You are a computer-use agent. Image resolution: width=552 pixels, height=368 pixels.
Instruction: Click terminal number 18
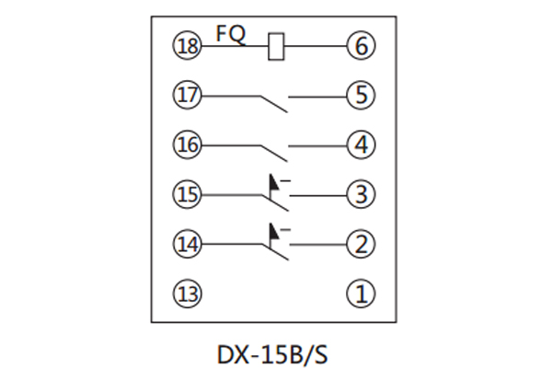click(x=187, y=44)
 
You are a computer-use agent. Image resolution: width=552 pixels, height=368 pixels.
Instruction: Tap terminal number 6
click(x=360, y=44)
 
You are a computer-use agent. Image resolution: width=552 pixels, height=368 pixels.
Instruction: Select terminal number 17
click(x=187, y=95)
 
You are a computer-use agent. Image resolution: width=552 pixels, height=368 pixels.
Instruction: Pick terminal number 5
click(x=360, y=95)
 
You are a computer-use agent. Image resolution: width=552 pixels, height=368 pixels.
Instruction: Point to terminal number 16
click(x=187, y=144)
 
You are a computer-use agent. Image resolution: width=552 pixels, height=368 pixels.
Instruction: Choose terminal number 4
click(x=360, y=144)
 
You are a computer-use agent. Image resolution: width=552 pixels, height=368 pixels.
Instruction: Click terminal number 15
click(x=187, y=194)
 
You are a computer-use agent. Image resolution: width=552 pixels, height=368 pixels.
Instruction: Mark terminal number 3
click(x=360, y=194)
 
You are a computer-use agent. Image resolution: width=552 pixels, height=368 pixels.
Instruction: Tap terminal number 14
click(x=187, y=245)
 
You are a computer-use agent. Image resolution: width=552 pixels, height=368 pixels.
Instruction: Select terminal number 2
click(x=360, y=245)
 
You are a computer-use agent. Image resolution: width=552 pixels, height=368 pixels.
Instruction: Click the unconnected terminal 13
click(x=187, y=294)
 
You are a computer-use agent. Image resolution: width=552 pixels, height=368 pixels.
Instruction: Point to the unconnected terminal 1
click(x=360, y=294)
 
